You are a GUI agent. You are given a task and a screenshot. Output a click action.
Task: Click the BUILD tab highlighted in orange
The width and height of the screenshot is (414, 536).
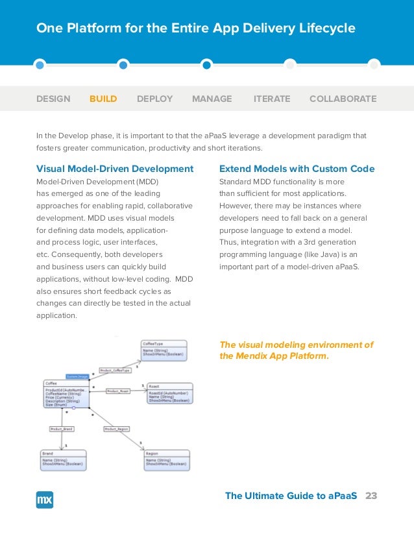103,99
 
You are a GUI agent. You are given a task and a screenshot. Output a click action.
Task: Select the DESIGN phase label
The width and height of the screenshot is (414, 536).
53,99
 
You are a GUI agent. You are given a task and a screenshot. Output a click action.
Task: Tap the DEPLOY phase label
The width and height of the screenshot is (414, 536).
154,99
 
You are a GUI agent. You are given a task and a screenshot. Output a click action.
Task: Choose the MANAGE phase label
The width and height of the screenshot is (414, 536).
212,99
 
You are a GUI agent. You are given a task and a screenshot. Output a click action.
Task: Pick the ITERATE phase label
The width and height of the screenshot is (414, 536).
272,99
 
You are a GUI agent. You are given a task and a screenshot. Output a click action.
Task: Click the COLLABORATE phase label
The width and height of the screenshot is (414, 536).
343,99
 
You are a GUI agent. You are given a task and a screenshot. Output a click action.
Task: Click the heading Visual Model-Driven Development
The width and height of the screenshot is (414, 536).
115,169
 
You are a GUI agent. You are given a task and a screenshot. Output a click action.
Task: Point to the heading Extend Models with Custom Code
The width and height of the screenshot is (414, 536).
297,169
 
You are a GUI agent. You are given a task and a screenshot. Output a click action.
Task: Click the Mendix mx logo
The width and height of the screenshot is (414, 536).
45,499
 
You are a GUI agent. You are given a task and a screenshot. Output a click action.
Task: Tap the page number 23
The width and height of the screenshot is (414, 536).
371,496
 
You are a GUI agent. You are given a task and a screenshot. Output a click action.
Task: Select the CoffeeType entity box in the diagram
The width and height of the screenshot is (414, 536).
164,350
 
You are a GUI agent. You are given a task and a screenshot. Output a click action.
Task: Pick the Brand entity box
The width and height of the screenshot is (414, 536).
63,459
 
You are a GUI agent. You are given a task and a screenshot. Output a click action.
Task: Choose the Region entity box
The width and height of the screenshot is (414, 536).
167,459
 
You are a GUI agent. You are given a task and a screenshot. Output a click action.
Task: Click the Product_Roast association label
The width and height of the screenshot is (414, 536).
117,391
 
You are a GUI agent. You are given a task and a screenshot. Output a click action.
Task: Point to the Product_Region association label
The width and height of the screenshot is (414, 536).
116,429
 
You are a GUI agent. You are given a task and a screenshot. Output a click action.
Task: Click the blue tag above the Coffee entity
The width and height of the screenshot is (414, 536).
77,376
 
